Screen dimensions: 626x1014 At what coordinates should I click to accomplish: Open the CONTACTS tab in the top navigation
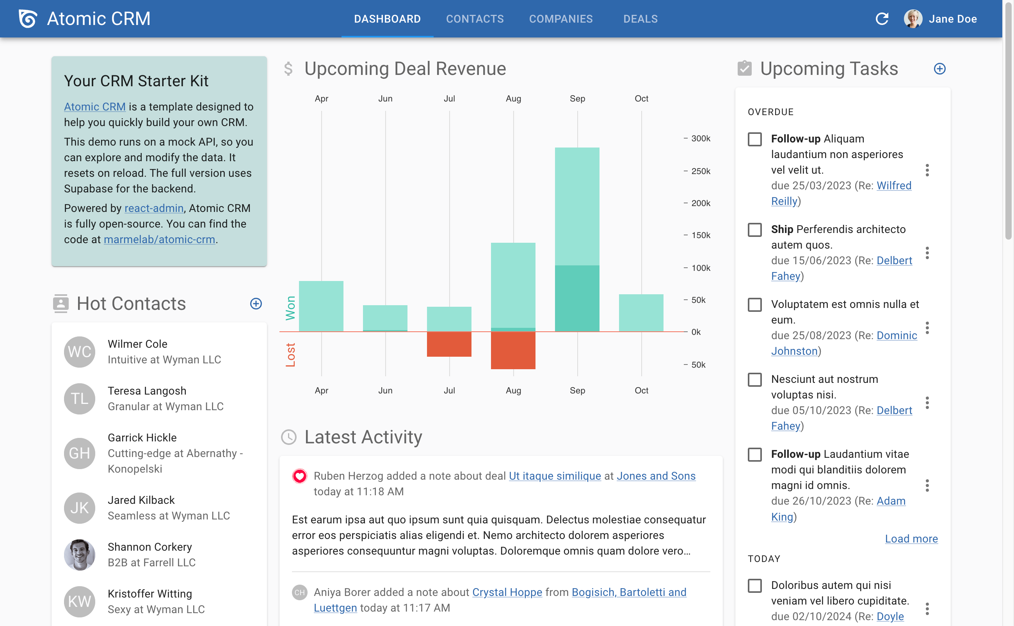click(x=475, y=19)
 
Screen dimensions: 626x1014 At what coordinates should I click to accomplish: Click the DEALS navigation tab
click(x=640, y=19)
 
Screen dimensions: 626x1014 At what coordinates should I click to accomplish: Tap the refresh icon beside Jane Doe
click(x=882, y=19)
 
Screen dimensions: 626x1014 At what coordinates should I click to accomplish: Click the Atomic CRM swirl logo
click(x=28, y=19)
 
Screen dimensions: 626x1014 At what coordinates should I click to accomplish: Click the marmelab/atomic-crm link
click(x=159, y=240)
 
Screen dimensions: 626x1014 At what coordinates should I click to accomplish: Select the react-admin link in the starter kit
click(x=154, y=208)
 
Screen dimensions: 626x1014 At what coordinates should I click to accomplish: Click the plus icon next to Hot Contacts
click(x=256, y=304)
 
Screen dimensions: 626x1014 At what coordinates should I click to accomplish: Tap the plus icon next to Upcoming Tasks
click(x=939, y=69)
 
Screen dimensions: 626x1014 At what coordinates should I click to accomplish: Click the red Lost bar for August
click(x=512, y=350)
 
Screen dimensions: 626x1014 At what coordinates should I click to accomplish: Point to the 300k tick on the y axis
click(x=700, y=139)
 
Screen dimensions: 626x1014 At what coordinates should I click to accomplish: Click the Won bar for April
click(x=321, y=306)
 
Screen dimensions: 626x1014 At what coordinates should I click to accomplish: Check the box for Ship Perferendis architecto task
click(x=754, y=230)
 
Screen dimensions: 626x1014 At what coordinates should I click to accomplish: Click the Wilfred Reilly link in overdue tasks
click(x=893, y=186)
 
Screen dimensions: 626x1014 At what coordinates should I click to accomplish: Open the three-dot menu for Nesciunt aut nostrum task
click(x=927, y=402)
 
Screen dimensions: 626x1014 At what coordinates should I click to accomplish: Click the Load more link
click(x=911, y=539)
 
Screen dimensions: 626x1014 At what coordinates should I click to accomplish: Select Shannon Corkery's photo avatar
click(x=80, y=555)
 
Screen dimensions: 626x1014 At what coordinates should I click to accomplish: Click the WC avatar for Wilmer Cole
click(x=80, y=352)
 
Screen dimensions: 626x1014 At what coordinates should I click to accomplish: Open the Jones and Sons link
click(x=655, y=476)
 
